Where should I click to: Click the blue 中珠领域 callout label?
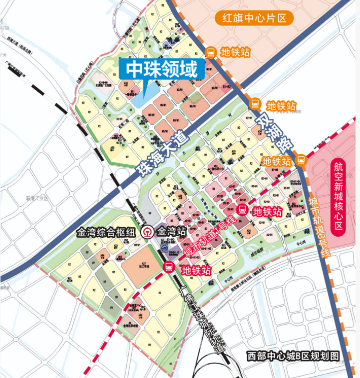pos(162,69)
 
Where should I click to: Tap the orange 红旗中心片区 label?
pos(254,19)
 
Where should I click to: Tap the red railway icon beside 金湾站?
pos(148,232)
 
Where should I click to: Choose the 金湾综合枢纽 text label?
pos(106,232)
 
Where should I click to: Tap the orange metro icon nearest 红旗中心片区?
pos(211,52)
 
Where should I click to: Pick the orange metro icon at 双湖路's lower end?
pos(301,160)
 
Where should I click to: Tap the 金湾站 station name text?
pos(172,232)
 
